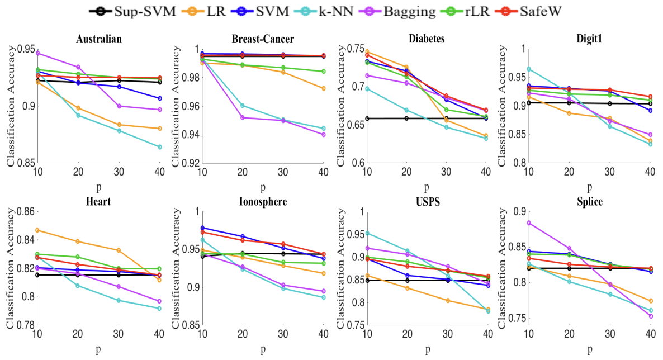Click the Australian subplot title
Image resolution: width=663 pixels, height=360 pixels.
pos(101,40)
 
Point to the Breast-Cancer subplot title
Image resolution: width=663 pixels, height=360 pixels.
pos(263,40)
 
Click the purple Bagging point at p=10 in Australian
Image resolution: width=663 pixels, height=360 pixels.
pos(37,53)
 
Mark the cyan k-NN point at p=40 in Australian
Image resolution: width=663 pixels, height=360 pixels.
pos(160,147)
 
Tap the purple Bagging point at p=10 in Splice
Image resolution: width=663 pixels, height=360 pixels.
pos(529,222)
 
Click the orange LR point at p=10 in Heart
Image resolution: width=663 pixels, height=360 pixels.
pos(37,230)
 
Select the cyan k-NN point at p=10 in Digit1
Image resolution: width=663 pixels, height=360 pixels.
pos(529,69)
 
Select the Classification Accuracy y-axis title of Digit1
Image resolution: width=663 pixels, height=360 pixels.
pos(502,106)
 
